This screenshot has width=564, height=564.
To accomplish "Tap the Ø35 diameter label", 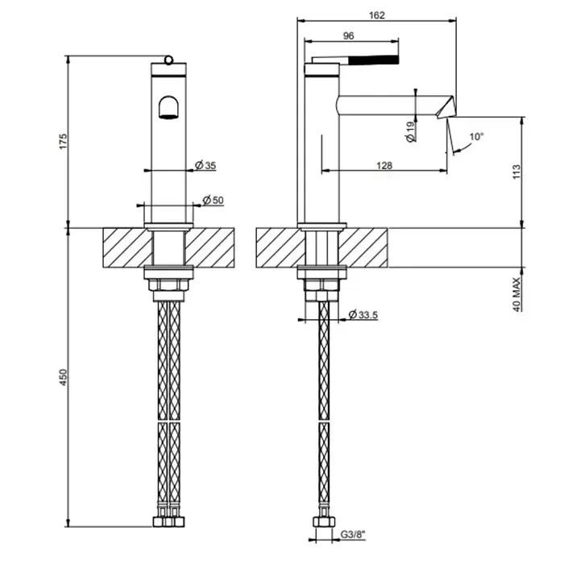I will (205, 166).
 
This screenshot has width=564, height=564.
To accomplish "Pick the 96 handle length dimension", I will (349, 35).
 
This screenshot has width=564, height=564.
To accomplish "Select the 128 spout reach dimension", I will (384, 165).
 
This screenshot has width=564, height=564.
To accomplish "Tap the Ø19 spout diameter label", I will (410, 131).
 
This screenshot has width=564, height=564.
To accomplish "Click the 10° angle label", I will (477, 137).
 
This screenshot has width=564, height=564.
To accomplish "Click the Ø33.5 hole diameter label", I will (364, 315).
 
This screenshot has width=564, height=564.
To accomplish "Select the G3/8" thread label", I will (352, 533).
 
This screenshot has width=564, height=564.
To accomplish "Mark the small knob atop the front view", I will (168, 58).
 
